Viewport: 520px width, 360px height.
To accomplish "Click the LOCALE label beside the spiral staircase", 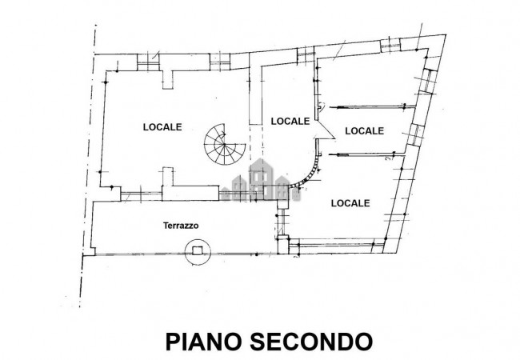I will (162, 126).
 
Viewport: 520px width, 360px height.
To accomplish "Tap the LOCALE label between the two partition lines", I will (364, 130).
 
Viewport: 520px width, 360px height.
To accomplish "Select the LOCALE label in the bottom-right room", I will (350, 203).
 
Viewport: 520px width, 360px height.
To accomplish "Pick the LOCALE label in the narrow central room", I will (290, 122).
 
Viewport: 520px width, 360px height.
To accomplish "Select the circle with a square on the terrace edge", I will (194, 250).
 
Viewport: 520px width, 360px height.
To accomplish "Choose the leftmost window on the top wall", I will (147, 60).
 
